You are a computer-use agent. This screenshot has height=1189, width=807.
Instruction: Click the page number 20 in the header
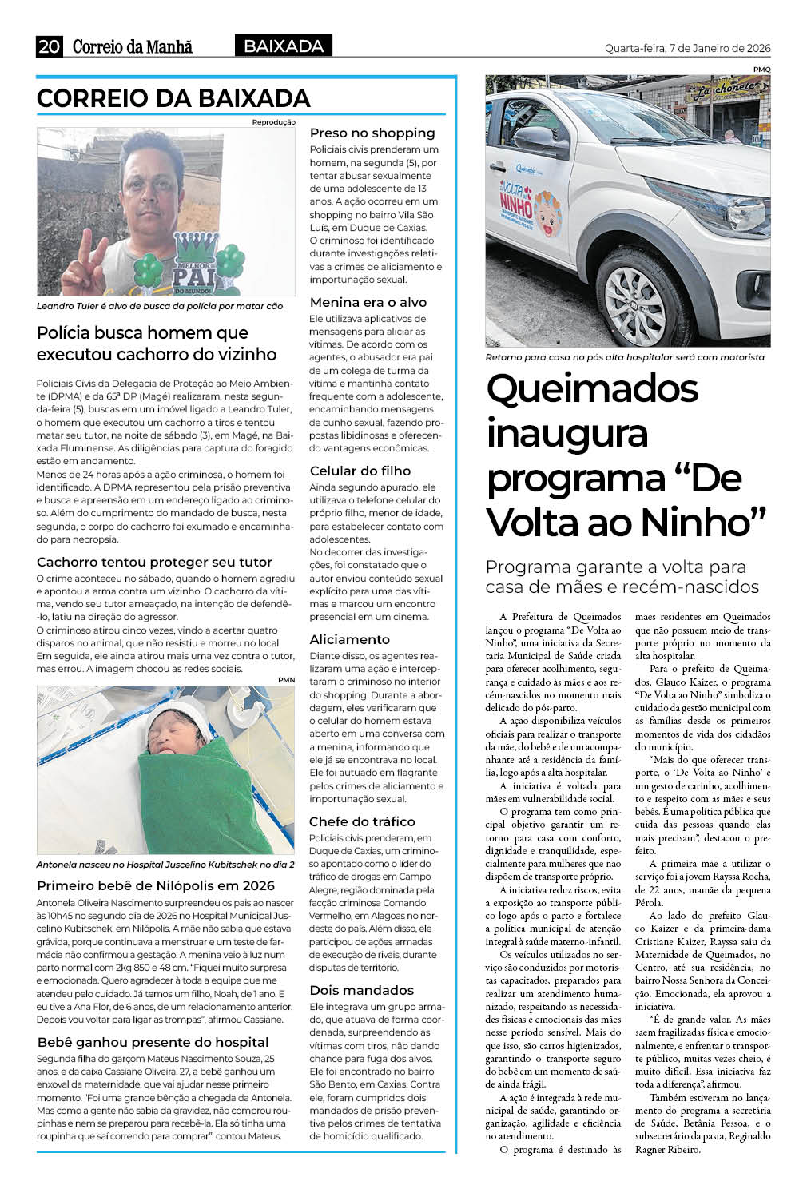pyautogui.click(x=49, y=47)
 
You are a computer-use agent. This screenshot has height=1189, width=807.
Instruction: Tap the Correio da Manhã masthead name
pyautogui.click(x=132, y=47)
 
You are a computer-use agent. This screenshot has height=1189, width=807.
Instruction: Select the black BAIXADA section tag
pyautogui.click(x=283, y=46)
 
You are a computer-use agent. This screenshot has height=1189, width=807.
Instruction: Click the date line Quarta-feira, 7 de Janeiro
pyautogui.click(x=687, y=49)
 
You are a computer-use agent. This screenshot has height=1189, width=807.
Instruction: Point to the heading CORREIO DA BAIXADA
pyautogui.click(x=173, y=98)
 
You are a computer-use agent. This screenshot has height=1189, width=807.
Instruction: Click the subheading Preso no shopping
pyautogui.click(x=372, y=133)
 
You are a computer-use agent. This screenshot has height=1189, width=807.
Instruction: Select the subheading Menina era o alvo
pyautogui.click(x=368, y=302)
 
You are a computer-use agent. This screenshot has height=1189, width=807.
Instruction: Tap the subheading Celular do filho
pyautogui.click(x=360, y=471)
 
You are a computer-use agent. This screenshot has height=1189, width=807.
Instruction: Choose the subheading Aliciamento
pyautogui.click(x=350, y=639)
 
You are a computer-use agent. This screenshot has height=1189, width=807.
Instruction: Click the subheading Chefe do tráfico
pyautogui.click(x=362, y=821)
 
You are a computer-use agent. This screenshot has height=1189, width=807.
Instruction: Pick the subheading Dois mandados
pyautogui.click(x=362, y=990)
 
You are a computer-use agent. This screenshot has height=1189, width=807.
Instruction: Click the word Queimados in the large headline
pyautogui.click(x=592, y=389)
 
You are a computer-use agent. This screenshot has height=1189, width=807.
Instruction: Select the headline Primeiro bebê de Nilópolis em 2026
pyautogui.click(x=156, y=885)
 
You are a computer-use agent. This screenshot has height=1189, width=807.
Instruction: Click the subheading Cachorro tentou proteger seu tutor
pyautogui.click(x=154, y=562)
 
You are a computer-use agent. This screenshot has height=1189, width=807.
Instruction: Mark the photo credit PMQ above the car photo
pyautogui.click(x=761, y=70)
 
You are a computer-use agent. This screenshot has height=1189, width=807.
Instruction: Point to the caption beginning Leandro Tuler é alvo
pyautogui.click(x=160, y=306)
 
